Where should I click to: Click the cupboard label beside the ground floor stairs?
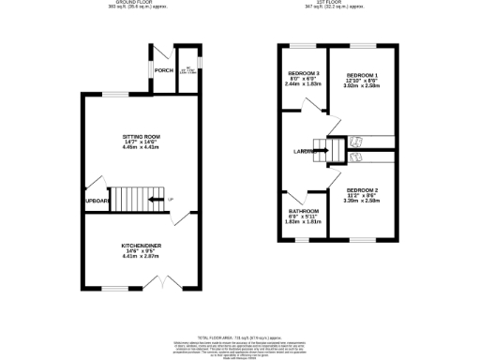(x=97, y=201)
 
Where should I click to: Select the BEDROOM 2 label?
(x=362, y=190)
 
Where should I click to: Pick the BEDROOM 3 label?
(x=304, y=74)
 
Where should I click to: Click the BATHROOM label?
(x=304, y=211)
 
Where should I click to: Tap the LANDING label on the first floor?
(x=303, y=150)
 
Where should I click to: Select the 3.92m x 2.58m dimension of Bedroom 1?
(x=362, y=86)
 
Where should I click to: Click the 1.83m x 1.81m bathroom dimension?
(x=304, y=222)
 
